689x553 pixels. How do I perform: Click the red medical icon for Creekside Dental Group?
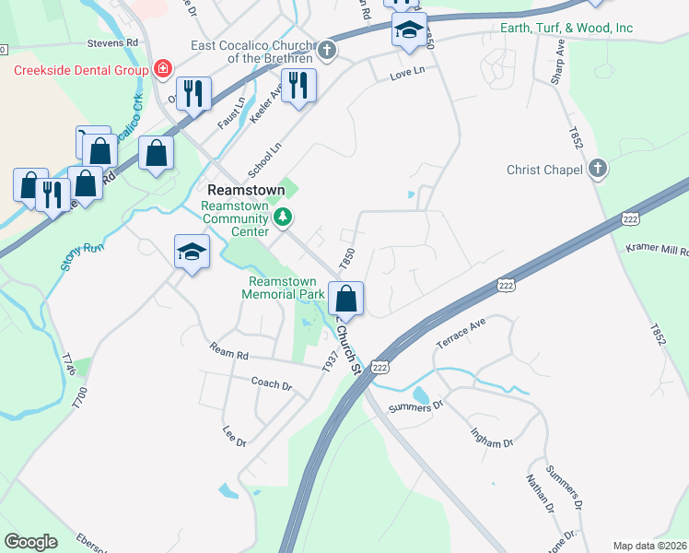pyautogui.click(x=163, y=69)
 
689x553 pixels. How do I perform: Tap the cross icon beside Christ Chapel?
pyautogui.click(x=597, y=169)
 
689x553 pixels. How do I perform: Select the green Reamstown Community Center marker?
pyautogui.click(x=284, y=218)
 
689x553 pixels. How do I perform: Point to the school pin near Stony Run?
pyautogui.click(x=192, y=251)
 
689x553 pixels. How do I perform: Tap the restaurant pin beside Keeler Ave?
pyautogui.click(x=298, y=87)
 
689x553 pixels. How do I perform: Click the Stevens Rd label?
pyautogui.click(x=112, y=42)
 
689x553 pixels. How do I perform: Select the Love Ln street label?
pyautogui.click(x=407, y=72)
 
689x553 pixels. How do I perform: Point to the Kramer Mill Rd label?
pyautogui.click(x=656, y=250)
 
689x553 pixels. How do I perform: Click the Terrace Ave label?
pyautogui.click(x=461, y=333)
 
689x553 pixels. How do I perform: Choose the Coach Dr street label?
pyautogui.click(x=271, y=382)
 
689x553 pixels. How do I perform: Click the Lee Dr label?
pyautogui.click(x=235, y=436)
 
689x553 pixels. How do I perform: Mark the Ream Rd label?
pyautogui.click(x=229, y=354)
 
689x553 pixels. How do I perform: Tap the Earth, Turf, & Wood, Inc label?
pyautogui.click(x=566, y=28)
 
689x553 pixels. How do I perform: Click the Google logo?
pyautogui.click(x=30, y=542)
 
